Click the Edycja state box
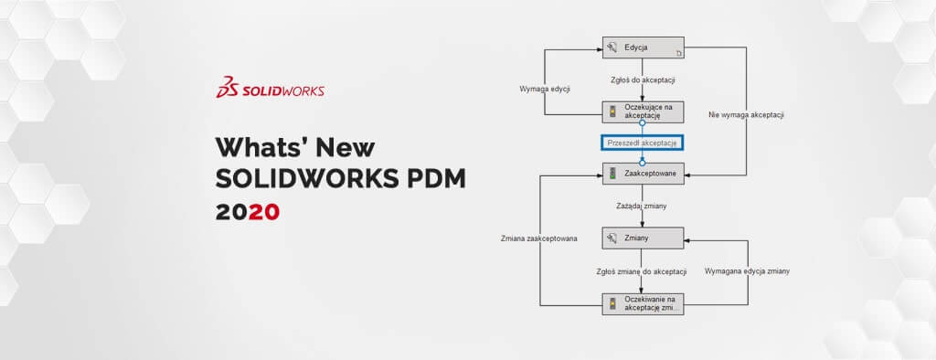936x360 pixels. pos(643,47)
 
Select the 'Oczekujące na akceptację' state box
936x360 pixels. pos(643,111)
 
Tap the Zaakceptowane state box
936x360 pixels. pos(643,172)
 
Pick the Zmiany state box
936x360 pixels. pos(643,238)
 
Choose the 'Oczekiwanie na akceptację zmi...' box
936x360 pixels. pos(643,303)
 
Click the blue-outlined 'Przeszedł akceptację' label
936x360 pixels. pos(643,143)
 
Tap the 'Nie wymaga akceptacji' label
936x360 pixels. pos(748,115)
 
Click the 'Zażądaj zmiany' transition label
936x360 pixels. pos(642,206)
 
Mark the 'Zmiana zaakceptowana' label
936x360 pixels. pos(538,238)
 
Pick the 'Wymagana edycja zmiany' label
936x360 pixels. pos(747,271)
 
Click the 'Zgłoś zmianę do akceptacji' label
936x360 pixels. pos(642,271)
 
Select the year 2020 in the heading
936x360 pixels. pos(248,212)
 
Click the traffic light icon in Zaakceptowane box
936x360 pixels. pos(613,173)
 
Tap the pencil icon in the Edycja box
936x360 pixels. pos(613,47)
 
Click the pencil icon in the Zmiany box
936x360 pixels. pos(613,238)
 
